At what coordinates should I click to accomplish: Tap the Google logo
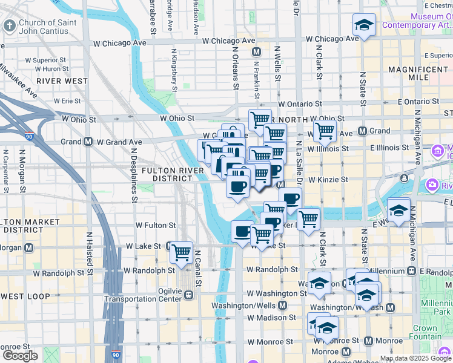click(20, 356)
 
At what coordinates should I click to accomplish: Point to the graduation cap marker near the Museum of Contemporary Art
click(364, 25)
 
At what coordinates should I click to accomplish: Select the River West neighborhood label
click(62, 80)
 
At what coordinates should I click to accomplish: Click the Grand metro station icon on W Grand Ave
click(88, 142)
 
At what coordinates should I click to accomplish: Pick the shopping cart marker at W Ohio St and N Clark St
click(325, 130)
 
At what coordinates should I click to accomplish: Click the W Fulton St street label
click(156, 224)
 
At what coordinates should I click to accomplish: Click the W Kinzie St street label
click(328, 180)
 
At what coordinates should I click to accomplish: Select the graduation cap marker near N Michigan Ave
click(398, 209)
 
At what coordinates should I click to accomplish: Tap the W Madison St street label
click(274, 317)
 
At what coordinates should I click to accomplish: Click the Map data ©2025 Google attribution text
click(415, 358)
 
